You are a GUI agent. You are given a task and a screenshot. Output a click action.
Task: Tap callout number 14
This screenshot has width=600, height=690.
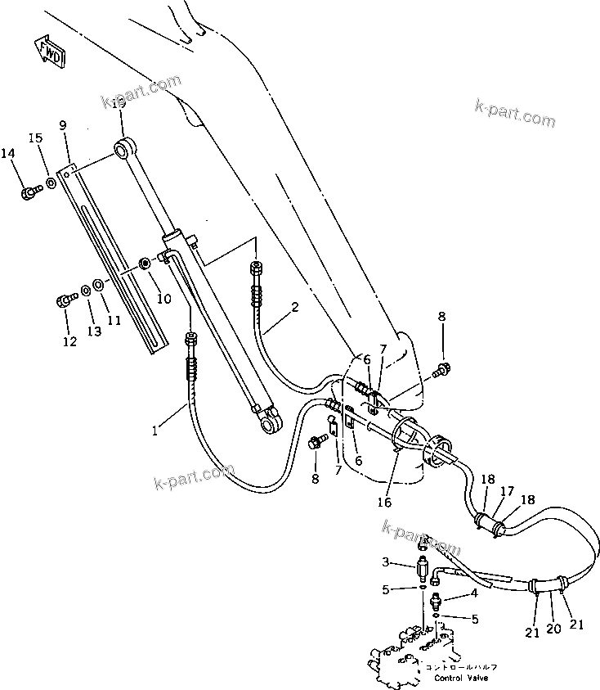tap(9, 154)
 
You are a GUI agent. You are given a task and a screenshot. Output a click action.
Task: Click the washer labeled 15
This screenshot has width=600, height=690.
tap(51, 183)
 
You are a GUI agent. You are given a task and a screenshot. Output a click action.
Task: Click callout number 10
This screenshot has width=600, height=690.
tap(164, 300)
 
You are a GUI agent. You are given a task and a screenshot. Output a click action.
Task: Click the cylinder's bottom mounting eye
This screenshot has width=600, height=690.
tap(271, 422)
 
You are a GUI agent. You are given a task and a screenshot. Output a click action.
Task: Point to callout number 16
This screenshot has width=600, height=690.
tap(384, 502)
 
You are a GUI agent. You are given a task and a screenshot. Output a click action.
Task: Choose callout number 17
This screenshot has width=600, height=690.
tap(507, 491)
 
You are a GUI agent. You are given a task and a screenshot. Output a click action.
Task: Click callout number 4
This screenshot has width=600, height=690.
tap(473, 593)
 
